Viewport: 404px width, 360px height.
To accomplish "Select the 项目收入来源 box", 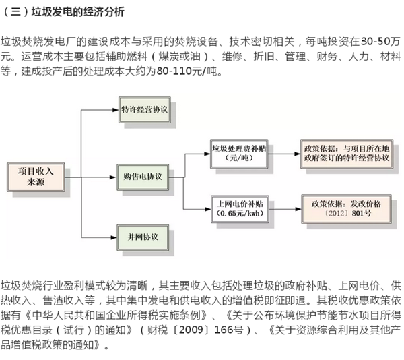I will [x=34, y=175].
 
